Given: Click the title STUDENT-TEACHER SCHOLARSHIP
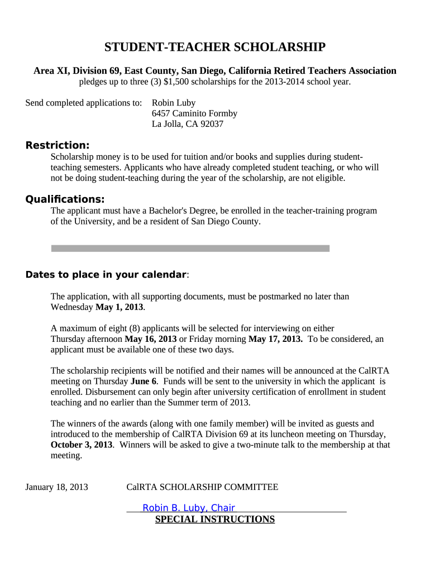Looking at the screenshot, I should (215, 47).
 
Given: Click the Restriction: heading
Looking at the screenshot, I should (58, 146).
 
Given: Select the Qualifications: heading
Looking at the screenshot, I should (65, 199).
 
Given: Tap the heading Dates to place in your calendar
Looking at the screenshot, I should (106, 274).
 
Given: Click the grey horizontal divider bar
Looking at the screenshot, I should (190, 248).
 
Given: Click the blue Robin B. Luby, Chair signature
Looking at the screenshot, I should (189, 508).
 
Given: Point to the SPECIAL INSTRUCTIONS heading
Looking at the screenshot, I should (214, 519).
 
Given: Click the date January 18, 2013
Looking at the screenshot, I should (57, 487).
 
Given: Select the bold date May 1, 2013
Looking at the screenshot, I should (120, 307).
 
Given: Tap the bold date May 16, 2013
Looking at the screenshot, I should (150, 339).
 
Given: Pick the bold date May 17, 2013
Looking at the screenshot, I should (275, 339).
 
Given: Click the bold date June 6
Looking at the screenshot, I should (144, 382).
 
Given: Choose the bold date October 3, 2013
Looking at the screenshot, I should (82, 445).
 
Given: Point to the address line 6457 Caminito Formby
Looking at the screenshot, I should (194, 113).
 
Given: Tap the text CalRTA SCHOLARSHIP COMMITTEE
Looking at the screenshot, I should (202, 487).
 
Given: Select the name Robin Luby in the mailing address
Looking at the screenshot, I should (174, 103).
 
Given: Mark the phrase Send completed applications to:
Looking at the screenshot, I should (84, 103).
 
